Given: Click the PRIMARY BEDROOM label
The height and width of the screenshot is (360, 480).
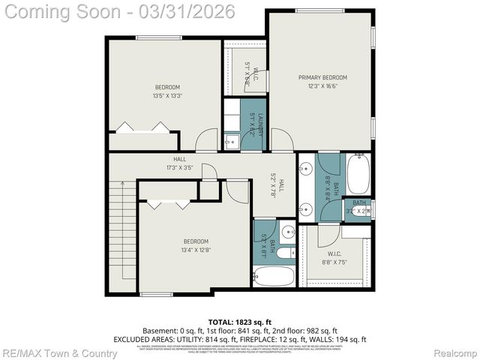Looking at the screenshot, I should (322, 77).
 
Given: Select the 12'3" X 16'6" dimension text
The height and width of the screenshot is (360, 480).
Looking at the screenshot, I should (322, 87).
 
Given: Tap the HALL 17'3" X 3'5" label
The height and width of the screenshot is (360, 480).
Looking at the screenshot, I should (180, 163).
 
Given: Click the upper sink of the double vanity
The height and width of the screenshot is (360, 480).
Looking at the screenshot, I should (306, 169).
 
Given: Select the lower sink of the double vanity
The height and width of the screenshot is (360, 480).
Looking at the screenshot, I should (306, 208).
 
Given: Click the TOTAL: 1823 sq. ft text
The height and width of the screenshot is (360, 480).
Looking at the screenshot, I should (239, 320).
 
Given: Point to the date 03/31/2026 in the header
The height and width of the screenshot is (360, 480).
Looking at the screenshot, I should (194, 11).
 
